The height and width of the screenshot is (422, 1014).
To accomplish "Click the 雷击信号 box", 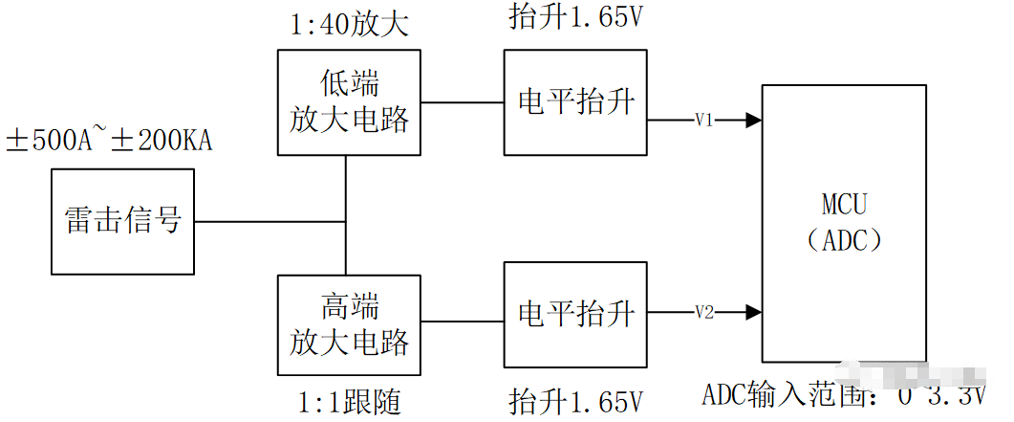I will [123, 221].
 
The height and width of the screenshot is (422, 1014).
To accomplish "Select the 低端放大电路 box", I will [349, 102].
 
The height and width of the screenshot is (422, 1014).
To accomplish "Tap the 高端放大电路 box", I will [349, 325].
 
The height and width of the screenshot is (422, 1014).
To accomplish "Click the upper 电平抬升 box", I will [576, 102].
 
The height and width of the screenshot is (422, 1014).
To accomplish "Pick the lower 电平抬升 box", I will [576, 313].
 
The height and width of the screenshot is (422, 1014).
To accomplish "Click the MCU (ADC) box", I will [843, 222].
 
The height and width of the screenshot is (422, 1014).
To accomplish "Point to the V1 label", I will [704, 121].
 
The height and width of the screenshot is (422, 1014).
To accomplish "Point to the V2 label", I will [704, 312].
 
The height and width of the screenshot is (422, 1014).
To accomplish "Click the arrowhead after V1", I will [754, 121].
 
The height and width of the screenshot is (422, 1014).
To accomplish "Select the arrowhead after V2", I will [754, 312].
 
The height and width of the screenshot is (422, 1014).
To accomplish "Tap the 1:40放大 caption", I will [349, 24].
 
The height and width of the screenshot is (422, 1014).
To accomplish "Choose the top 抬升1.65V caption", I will [576, 17].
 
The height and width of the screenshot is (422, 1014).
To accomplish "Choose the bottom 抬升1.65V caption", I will [576, 400].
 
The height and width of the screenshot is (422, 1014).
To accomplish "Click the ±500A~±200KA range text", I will [109, 142].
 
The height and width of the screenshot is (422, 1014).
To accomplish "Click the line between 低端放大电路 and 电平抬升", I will [463, 102].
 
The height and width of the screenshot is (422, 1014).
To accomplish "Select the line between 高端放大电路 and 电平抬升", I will [463, 313].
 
